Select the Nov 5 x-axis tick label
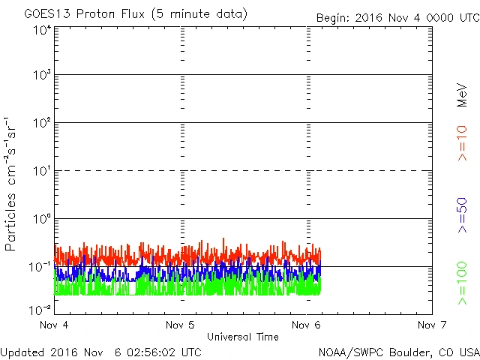(180, 325)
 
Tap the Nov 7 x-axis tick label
(430, 325)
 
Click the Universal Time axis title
(242, 337)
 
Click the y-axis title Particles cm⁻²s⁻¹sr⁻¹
(11, 183)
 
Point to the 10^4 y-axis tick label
(41, 29)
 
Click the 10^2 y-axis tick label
(41, 122)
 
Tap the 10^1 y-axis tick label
(41, 170)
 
